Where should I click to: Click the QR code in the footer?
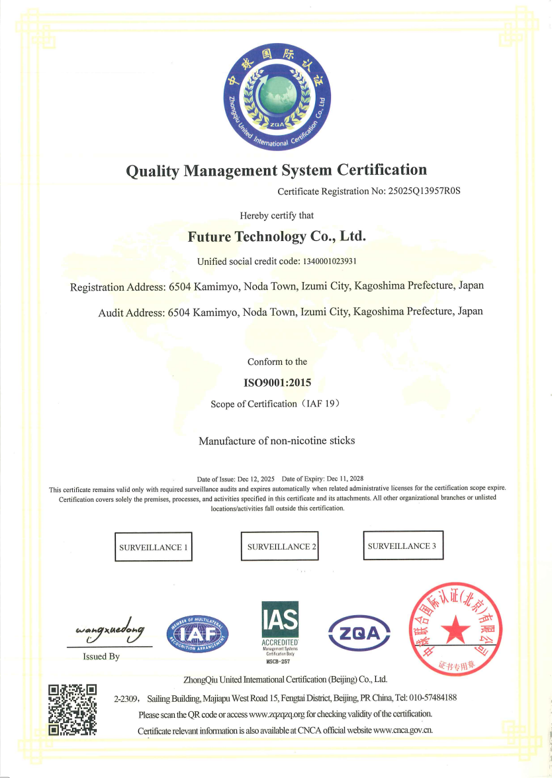tap(73, 709)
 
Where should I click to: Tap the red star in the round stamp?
tap(455, 632)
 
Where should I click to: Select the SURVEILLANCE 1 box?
tap(154, 547)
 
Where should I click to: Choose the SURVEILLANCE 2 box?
tap(279, 546)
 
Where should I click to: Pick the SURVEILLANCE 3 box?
tap(403, 546)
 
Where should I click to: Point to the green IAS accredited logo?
tap(280, 625)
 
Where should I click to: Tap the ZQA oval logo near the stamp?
tap(359, 634)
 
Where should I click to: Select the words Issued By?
tap(101, 656)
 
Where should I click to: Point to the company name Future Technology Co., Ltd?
tap(277, 236)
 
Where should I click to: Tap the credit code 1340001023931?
tap(330, 262)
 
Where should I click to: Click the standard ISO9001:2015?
tap(277, 383)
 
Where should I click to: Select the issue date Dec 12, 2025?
tap(257, 478)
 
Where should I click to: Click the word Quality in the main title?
tap(152, 170)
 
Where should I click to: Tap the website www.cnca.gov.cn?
tap(403, 730)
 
